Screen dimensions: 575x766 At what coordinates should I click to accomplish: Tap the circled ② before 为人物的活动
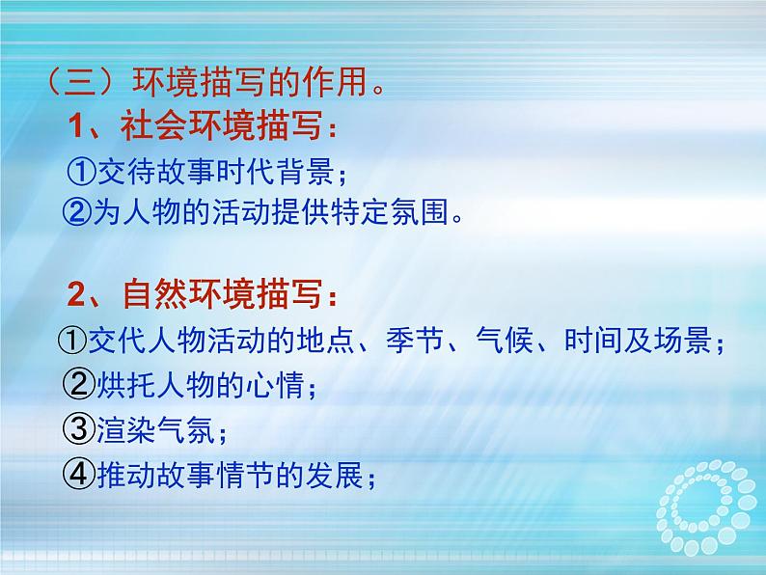pos(76,213)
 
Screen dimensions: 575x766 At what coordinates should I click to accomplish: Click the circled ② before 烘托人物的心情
pos(76,385)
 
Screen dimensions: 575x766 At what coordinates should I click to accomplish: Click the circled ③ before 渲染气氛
pos(76,428)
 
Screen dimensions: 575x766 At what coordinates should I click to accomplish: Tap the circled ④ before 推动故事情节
pos(76,473)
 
